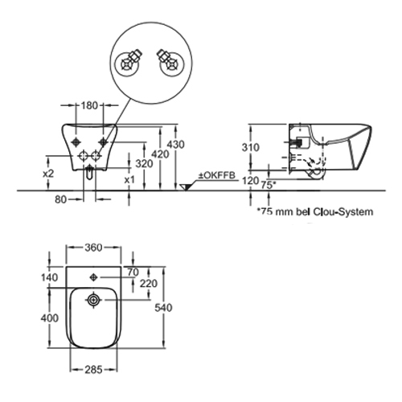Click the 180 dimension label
[x=89, y=105]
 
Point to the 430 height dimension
[x=176, y=145]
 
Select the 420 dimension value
[x=160, y=154]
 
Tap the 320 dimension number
[x=144, y=163]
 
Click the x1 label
[x=129, y=180]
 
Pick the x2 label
[x=48, y=174]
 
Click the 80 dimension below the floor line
[x=60, y=199]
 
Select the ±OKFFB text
[x=216, y=175]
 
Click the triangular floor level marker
[x=185, y=187]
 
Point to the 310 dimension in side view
[x=251, y=147]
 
